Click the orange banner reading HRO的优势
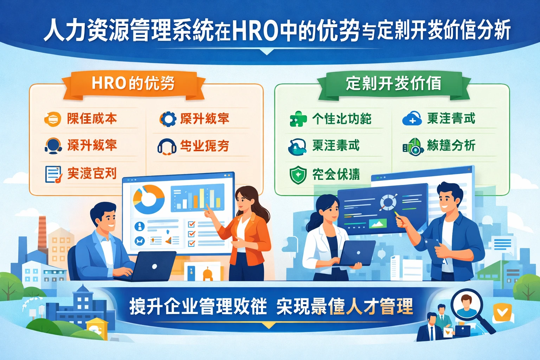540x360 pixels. pyautogui.click(x=133, y=84)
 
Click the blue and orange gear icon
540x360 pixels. pyautogui.click(x=168, y=119)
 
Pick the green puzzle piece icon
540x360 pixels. pyautogui.click(x=298, y=119)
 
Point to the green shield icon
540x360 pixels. pyautogui.click(x=298, y=175)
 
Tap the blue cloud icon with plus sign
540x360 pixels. pyautogui.click(x=412, y=119)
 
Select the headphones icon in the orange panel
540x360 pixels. pyautogui.click(x=167, y=146)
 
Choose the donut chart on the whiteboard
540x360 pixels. pyautogui.click(x=148, y=199)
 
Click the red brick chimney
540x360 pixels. pyautogui.click(x=42, y=232)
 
